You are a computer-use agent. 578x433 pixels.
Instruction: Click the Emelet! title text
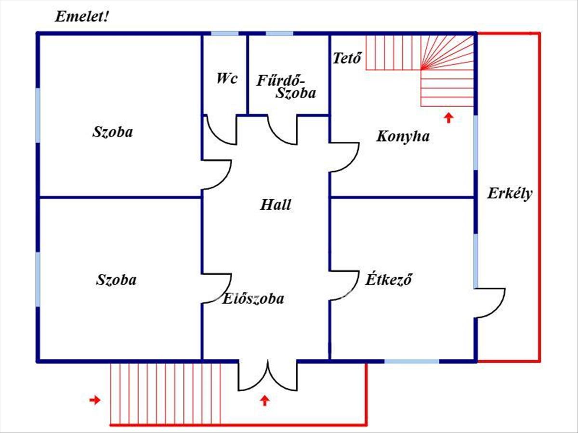click(x=81, y=16)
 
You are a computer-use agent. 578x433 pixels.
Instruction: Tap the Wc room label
click(x=227, y=78)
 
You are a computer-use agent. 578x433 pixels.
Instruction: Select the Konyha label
click(x=403, y=137)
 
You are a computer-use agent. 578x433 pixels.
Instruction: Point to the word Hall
click(x=276, y=205)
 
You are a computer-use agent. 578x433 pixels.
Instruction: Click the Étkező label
click(x=388, y=279)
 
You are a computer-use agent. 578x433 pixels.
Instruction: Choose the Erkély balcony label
click(x=510, y=194)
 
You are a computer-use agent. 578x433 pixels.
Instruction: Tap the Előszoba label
click(x=253, y=299)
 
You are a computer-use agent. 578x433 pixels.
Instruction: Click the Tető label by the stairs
click(x=347, y=58)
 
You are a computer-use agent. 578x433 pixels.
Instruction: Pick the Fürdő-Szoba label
click(x=286, y=87)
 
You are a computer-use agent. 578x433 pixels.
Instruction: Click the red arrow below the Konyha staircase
click(x=449, y=118)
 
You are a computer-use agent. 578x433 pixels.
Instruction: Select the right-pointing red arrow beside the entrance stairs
click(x=95, y=400)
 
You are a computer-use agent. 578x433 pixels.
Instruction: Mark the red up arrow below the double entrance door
click(x=265, y=401)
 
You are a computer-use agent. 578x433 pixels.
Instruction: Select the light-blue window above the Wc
click(x=224, y=34)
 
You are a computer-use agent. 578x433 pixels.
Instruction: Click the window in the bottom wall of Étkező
click(x=412, y=361)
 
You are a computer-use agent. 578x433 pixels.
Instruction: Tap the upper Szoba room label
click(x=112, y=132)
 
